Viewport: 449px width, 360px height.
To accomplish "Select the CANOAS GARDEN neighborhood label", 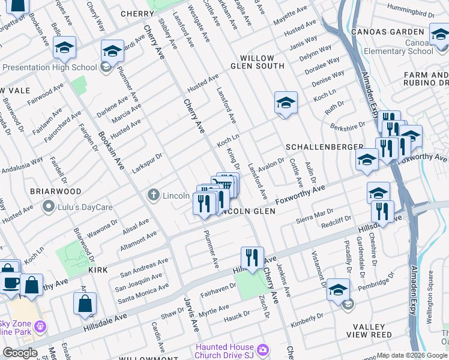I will [x=393, y=31].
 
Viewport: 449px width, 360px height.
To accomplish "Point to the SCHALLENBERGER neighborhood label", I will [x=324, y=147].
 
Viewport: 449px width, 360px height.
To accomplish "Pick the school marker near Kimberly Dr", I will [x=339, y=290].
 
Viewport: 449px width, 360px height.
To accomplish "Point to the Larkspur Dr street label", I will [x=147, y=163].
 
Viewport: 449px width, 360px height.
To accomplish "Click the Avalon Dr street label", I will [x=271, y=163].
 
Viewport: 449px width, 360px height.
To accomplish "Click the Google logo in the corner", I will [x=20, y=353].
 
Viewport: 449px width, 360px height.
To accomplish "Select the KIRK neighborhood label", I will [x=98, y=271].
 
